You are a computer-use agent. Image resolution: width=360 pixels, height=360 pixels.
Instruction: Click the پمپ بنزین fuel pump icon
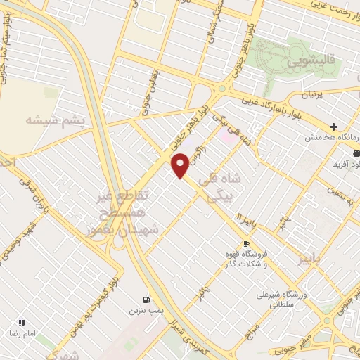[147, 299]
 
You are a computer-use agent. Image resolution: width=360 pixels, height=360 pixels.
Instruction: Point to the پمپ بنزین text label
[147, 310]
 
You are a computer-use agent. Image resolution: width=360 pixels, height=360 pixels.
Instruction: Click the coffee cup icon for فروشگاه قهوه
[245, 244]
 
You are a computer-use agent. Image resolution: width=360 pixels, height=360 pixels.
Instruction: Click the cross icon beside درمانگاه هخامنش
[334, 127]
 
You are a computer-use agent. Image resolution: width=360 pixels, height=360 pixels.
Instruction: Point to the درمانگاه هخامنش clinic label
[327, 138]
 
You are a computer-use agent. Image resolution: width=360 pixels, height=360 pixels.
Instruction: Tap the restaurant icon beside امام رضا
[21, 323]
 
